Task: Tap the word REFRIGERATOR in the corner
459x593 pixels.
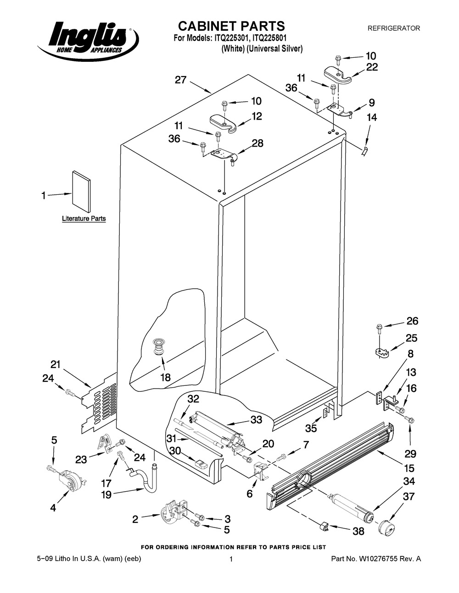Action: (x=394, y=28)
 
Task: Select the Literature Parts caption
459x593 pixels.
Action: (x=84, y=219)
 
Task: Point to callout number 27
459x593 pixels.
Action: (x=181, y=80)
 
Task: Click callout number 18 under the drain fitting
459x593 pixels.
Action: (x=165, y=378)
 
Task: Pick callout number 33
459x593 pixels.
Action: (x=256, y=419)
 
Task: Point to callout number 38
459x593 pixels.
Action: (x=358, y=531)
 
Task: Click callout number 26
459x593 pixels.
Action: (x=412, y=321)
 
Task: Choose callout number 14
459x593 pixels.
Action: (x=371, y=118)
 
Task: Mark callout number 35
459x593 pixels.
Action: (x=311, y=428)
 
